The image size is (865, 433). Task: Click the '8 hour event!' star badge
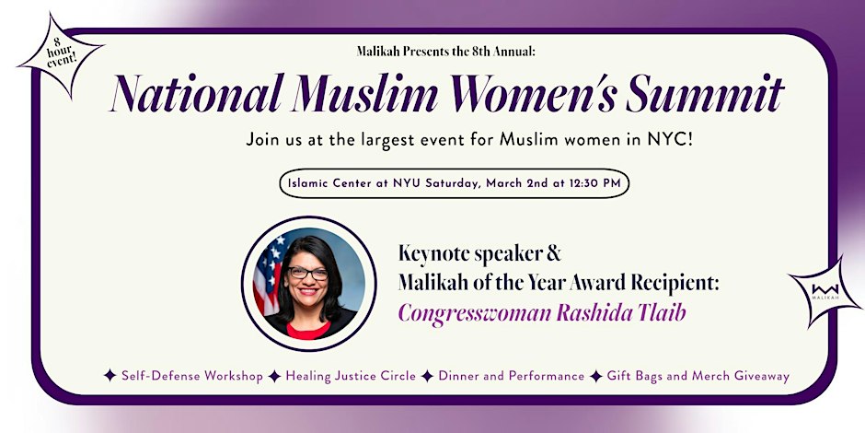[x=60, y=56]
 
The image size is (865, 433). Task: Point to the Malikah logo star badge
[x=825, y=292]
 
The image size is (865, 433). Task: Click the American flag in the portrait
[x=269, y=274]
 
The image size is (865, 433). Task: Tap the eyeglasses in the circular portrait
[x=308, y=273]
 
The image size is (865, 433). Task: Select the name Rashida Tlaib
[x=621, y=312]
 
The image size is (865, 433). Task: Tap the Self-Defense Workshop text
[x=192, y=376]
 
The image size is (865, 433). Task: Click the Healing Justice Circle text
[x=351, y=377]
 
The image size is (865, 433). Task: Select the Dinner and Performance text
[x=512, y=376]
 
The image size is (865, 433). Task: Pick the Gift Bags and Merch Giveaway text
[x=698, y=377]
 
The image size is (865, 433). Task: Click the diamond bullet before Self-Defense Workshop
[x=110, y=376]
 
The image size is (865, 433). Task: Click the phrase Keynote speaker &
[x=479, y=254]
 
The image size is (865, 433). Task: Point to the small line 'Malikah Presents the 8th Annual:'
[x=445, y=52]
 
